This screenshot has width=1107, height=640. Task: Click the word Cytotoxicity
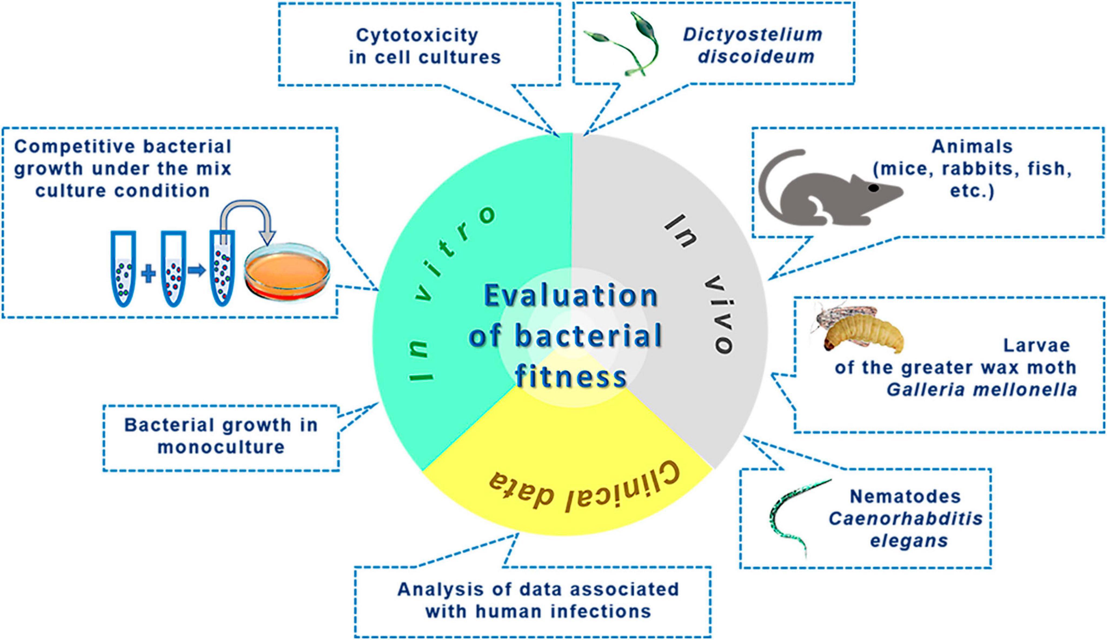coord(416,35)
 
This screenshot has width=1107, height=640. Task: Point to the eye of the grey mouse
coord(873,188)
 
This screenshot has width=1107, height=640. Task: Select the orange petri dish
coord(287,270)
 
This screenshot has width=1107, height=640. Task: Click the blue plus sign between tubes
coord(148,274)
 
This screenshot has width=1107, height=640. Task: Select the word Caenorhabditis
coord(905,519)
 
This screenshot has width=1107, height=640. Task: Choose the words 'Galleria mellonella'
coord(982,390)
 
